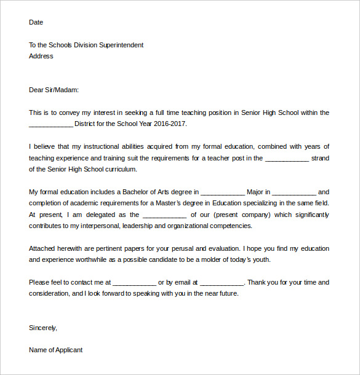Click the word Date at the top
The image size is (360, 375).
coord(36,22)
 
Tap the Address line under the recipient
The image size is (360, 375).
coord(41,56)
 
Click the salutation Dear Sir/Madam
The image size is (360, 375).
coord(54,90)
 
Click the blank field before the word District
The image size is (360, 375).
coord(50,124)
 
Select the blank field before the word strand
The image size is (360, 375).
coord(286,158)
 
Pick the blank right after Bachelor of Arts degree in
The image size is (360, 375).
coord(223,192)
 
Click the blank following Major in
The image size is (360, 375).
coord(294,192)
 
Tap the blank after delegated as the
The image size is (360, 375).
coord(164,215)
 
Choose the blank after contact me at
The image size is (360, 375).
coord(134,282)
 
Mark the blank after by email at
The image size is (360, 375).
coord(222,282)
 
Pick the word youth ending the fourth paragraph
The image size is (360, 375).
coord(261,259)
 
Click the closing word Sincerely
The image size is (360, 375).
coord(43,328)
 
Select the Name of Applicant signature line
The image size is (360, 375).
coord(55,350)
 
